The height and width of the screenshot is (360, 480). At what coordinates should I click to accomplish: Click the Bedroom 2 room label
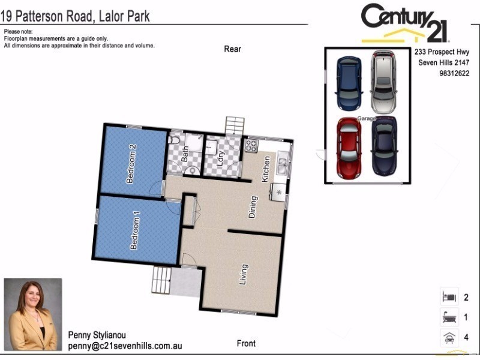[x=132, y=164]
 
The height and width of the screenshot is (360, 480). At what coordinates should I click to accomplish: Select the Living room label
[x=244, y=274]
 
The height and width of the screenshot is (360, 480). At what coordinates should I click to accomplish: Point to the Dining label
[x=254, y=207]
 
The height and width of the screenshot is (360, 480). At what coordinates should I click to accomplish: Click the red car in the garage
[x=349, y=148]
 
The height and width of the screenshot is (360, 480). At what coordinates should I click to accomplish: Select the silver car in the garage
[x=383, y=82]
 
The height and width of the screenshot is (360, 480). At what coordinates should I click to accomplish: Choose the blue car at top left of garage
[x=349, y=83]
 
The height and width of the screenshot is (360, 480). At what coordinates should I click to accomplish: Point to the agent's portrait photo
[x=33, y=314]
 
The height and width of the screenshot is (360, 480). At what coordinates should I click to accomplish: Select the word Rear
[x=232, y=49]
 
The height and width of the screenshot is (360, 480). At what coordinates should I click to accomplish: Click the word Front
[x=246, y=344]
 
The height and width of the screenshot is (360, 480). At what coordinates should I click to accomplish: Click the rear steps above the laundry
[x=235, y=126]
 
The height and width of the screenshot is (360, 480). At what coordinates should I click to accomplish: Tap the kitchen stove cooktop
[x=251, y=145]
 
